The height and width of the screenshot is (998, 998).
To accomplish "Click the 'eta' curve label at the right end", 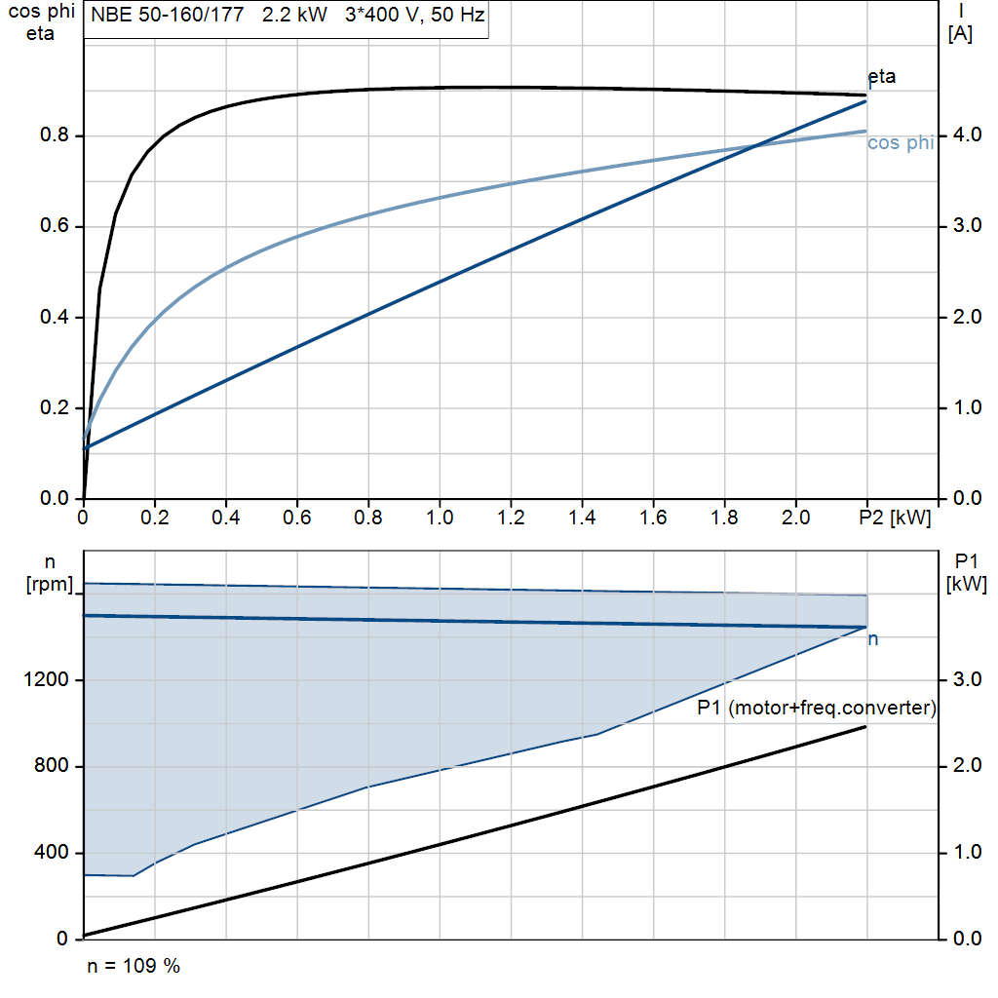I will (x=881, y=77).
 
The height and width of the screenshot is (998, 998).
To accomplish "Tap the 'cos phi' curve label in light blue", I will (x=900, y=143).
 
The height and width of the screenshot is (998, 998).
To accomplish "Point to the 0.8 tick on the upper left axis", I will (x=55, y=135).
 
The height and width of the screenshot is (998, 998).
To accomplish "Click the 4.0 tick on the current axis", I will (x=962, y=135).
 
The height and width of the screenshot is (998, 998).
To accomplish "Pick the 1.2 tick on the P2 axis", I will (x=511, y=518).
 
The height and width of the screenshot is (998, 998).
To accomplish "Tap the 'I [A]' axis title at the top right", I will (x=960, y=23).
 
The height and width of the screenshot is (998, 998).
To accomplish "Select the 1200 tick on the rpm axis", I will (x=49, y=680).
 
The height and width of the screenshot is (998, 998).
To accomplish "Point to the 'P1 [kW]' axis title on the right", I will (x=966, y=573).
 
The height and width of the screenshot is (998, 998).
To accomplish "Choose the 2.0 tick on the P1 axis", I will (x=962, y=766).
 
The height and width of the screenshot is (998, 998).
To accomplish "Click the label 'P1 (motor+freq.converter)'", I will (x=817, y=709).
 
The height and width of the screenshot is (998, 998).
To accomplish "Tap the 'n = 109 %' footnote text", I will (x=134, y=967).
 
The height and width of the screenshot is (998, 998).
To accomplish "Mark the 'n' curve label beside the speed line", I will (x=873, y=639).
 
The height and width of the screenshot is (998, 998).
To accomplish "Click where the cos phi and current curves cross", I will (x=757, y=147).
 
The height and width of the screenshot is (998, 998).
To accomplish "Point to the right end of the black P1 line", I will (x=865, y=727).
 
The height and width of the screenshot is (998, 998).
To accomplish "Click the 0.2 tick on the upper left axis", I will (x=55, y=408).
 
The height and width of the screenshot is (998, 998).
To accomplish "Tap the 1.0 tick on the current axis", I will (x=962, y=408).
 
